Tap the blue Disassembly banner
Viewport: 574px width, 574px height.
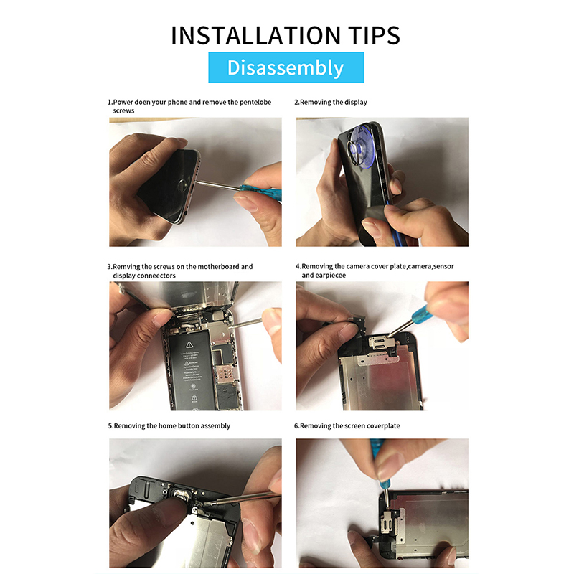click(286, 67)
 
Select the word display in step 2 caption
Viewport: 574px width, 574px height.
click(355, 103)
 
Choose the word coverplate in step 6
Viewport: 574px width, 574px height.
click(383, 425)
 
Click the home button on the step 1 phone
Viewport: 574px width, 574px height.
click(184, 184)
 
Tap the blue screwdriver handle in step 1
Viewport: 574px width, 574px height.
click(260, 192)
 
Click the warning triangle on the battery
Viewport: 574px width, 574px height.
click(189, 344)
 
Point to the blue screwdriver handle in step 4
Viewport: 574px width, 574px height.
click(419, 314)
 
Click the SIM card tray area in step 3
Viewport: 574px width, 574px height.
click(223, 372)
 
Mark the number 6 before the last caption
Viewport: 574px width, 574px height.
click(296, 425)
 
